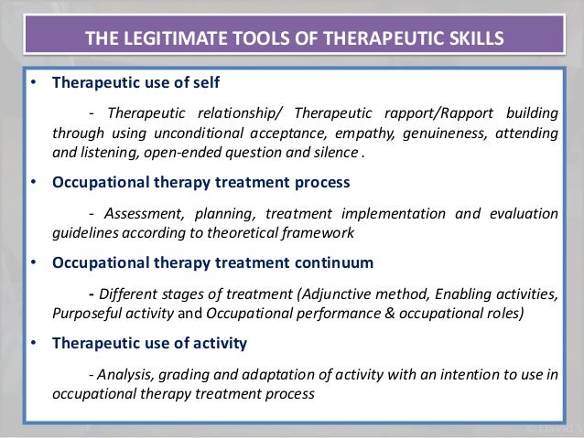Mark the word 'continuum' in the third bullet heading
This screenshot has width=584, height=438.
point(331,262)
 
